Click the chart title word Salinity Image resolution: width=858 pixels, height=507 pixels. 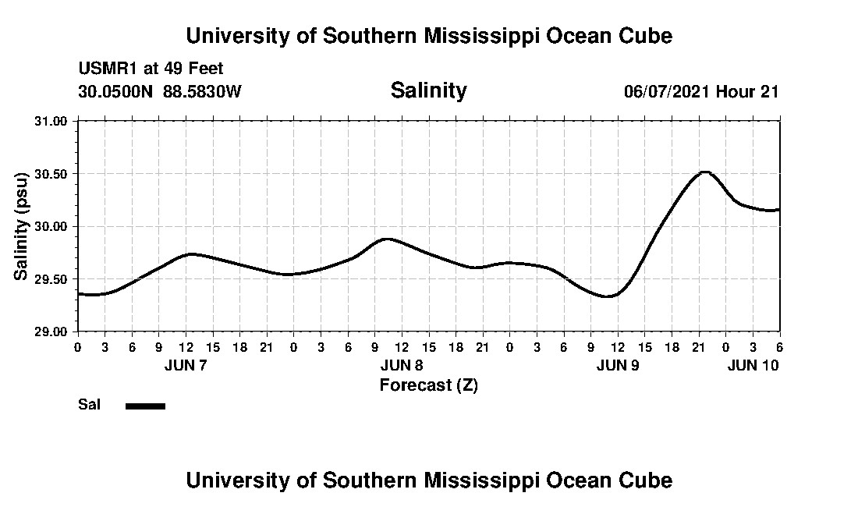point(428,90)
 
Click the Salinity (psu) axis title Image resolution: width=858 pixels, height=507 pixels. point(21,226)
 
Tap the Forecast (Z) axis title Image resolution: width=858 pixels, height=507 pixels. point(428,385)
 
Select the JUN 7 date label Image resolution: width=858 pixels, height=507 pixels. point(186,365)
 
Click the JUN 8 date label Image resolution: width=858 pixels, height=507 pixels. point(402,365)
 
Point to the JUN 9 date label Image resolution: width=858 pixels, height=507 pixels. point(618,365)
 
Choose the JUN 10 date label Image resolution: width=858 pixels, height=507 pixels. point(753,365)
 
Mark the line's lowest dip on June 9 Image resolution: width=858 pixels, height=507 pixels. point(608,296)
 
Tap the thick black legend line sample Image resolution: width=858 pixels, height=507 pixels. point(145,406)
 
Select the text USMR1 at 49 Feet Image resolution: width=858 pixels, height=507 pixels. point(151,69)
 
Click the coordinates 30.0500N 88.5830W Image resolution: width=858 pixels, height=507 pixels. point(160,91)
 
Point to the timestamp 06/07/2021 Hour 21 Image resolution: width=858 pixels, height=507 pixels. point(701,91)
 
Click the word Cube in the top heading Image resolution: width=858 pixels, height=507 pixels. point(647,36)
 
